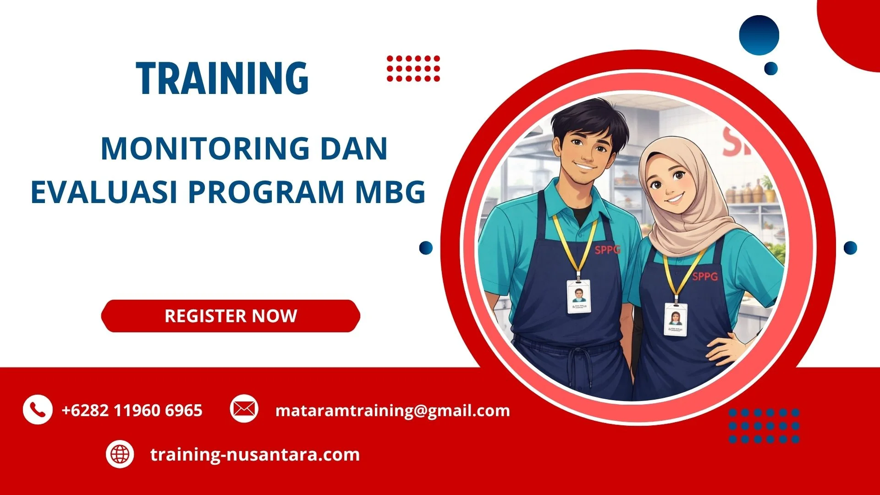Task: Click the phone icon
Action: (x=37, y=409)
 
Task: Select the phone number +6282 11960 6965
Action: (x=132, y=410)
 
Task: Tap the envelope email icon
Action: (x=244, y=408)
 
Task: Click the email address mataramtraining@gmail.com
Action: (x=392, y=410)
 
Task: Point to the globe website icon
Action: (x=120, y=454)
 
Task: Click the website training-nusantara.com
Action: (x=255, y=455)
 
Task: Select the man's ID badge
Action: (x=579, y=297)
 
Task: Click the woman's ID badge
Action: (x=676, y=319)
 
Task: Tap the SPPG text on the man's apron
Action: (x=607, y=250)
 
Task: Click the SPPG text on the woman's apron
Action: (x=704, y=276)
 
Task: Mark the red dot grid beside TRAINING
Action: (x=413, y=69)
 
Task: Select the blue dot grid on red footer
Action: (x=764, y=426)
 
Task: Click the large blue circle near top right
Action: (x=759, y=35)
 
